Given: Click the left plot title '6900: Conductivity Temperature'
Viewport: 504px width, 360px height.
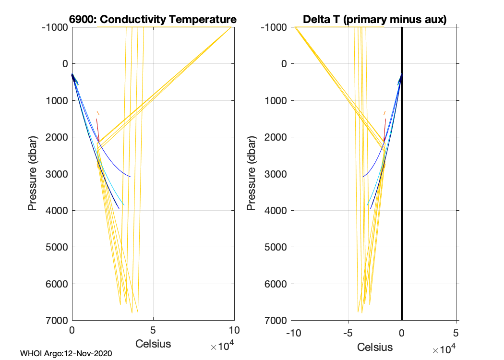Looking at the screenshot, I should (153, 20).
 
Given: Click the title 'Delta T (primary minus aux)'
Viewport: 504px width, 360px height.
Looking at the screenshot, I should (375, 20).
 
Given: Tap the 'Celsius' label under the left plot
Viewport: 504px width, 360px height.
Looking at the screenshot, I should (153, 344).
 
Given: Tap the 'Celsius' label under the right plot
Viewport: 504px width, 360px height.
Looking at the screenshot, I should (375, 347).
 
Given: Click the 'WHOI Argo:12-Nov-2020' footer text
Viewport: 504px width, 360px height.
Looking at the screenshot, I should (66, 354).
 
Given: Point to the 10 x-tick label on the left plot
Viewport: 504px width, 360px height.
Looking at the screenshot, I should (234, 331).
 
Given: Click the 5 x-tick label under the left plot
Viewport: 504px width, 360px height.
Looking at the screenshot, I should (153, 331).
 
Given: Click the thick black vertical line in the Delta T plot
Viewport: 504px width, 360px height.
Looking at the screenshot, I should (402, 192).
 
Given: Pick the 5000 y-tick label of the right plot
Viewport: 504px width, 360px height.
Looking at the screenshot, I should (276, 247).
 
